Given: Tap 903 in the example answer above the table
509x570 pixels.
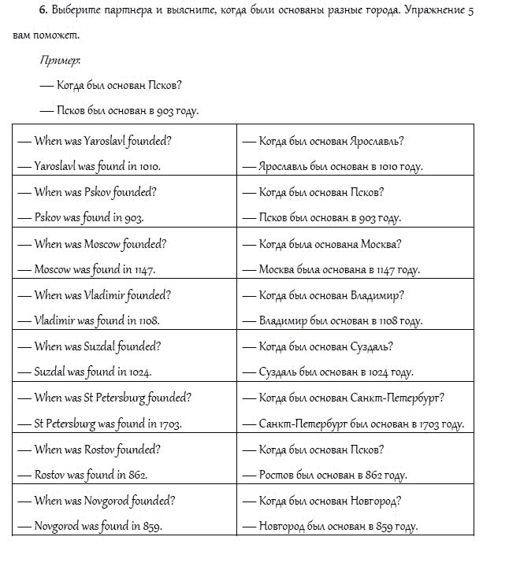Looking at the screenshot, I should click(165, 111).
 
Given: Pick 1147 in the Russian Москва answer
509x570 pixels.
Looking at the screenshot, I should click(384, 269).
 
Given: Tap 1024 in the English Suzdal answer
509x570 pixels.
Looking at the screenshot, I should click(139, 372).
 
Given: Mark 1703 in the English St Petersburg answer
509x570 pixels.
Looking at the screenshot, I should click(169, 424).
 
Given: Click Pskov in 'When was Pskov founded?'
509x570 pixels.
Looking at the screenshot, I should click(101, 192).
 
